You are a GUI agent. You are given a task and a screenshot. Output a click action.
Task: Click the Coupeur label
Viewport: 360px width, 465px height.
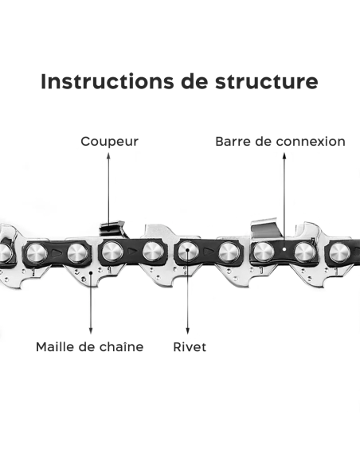tap(110, 142)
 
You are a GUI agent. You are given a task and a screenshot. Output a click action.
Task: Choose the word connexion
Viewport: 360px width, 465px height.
tap(311, 142)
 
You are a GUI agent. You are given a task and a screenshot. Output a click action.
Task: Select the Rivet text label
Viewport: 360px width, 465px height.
tap(190, 347)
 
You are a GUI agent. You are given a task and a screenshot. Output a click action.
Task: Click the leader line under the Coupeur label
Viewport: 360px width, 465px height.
tap(110, 187)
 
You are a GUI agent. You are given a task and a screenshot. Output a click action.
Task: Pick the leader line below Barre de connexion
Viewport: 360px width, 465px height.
tap(283, 199)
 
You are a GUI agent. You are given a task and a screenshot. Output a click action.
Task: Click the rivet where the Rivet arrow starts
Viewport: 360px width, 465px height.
tap(187, 252)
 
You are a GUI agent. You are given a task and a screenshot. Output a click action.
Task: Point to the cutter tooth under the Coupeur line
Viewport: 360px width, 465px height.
tap(112, 229)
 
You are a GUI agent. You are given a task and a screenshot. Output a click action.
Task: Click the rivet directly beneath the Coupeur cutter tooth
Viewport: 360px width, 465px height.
tap(112, 252)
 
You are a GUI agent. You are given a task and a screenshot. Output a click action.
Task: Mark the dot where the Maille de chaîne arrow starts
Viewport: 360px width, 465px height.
tap(91, 273)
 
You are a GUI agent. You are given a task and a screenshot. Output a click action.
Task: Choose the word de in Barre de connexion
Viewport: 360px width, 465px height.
tap(263, 142)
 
